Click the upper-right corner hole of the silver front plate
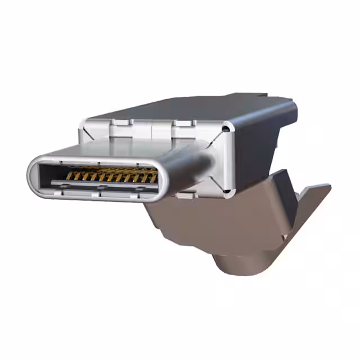pyautogui.click(x=226, y=129)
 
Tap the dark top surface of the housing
pyautogui.click(x=191, y=107)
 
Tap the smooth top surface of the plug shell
pyautogui.click(x=124, y=150)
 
